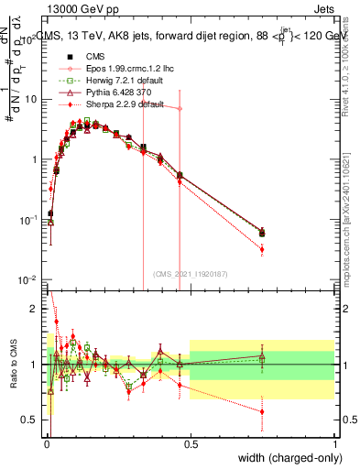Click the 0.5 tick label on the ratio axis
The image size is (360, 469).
point(30,420)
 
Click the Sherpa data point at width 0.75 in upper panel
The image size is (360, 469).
point(262,249)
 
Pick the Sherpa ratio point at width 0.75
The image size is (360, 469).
point(262,411)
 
